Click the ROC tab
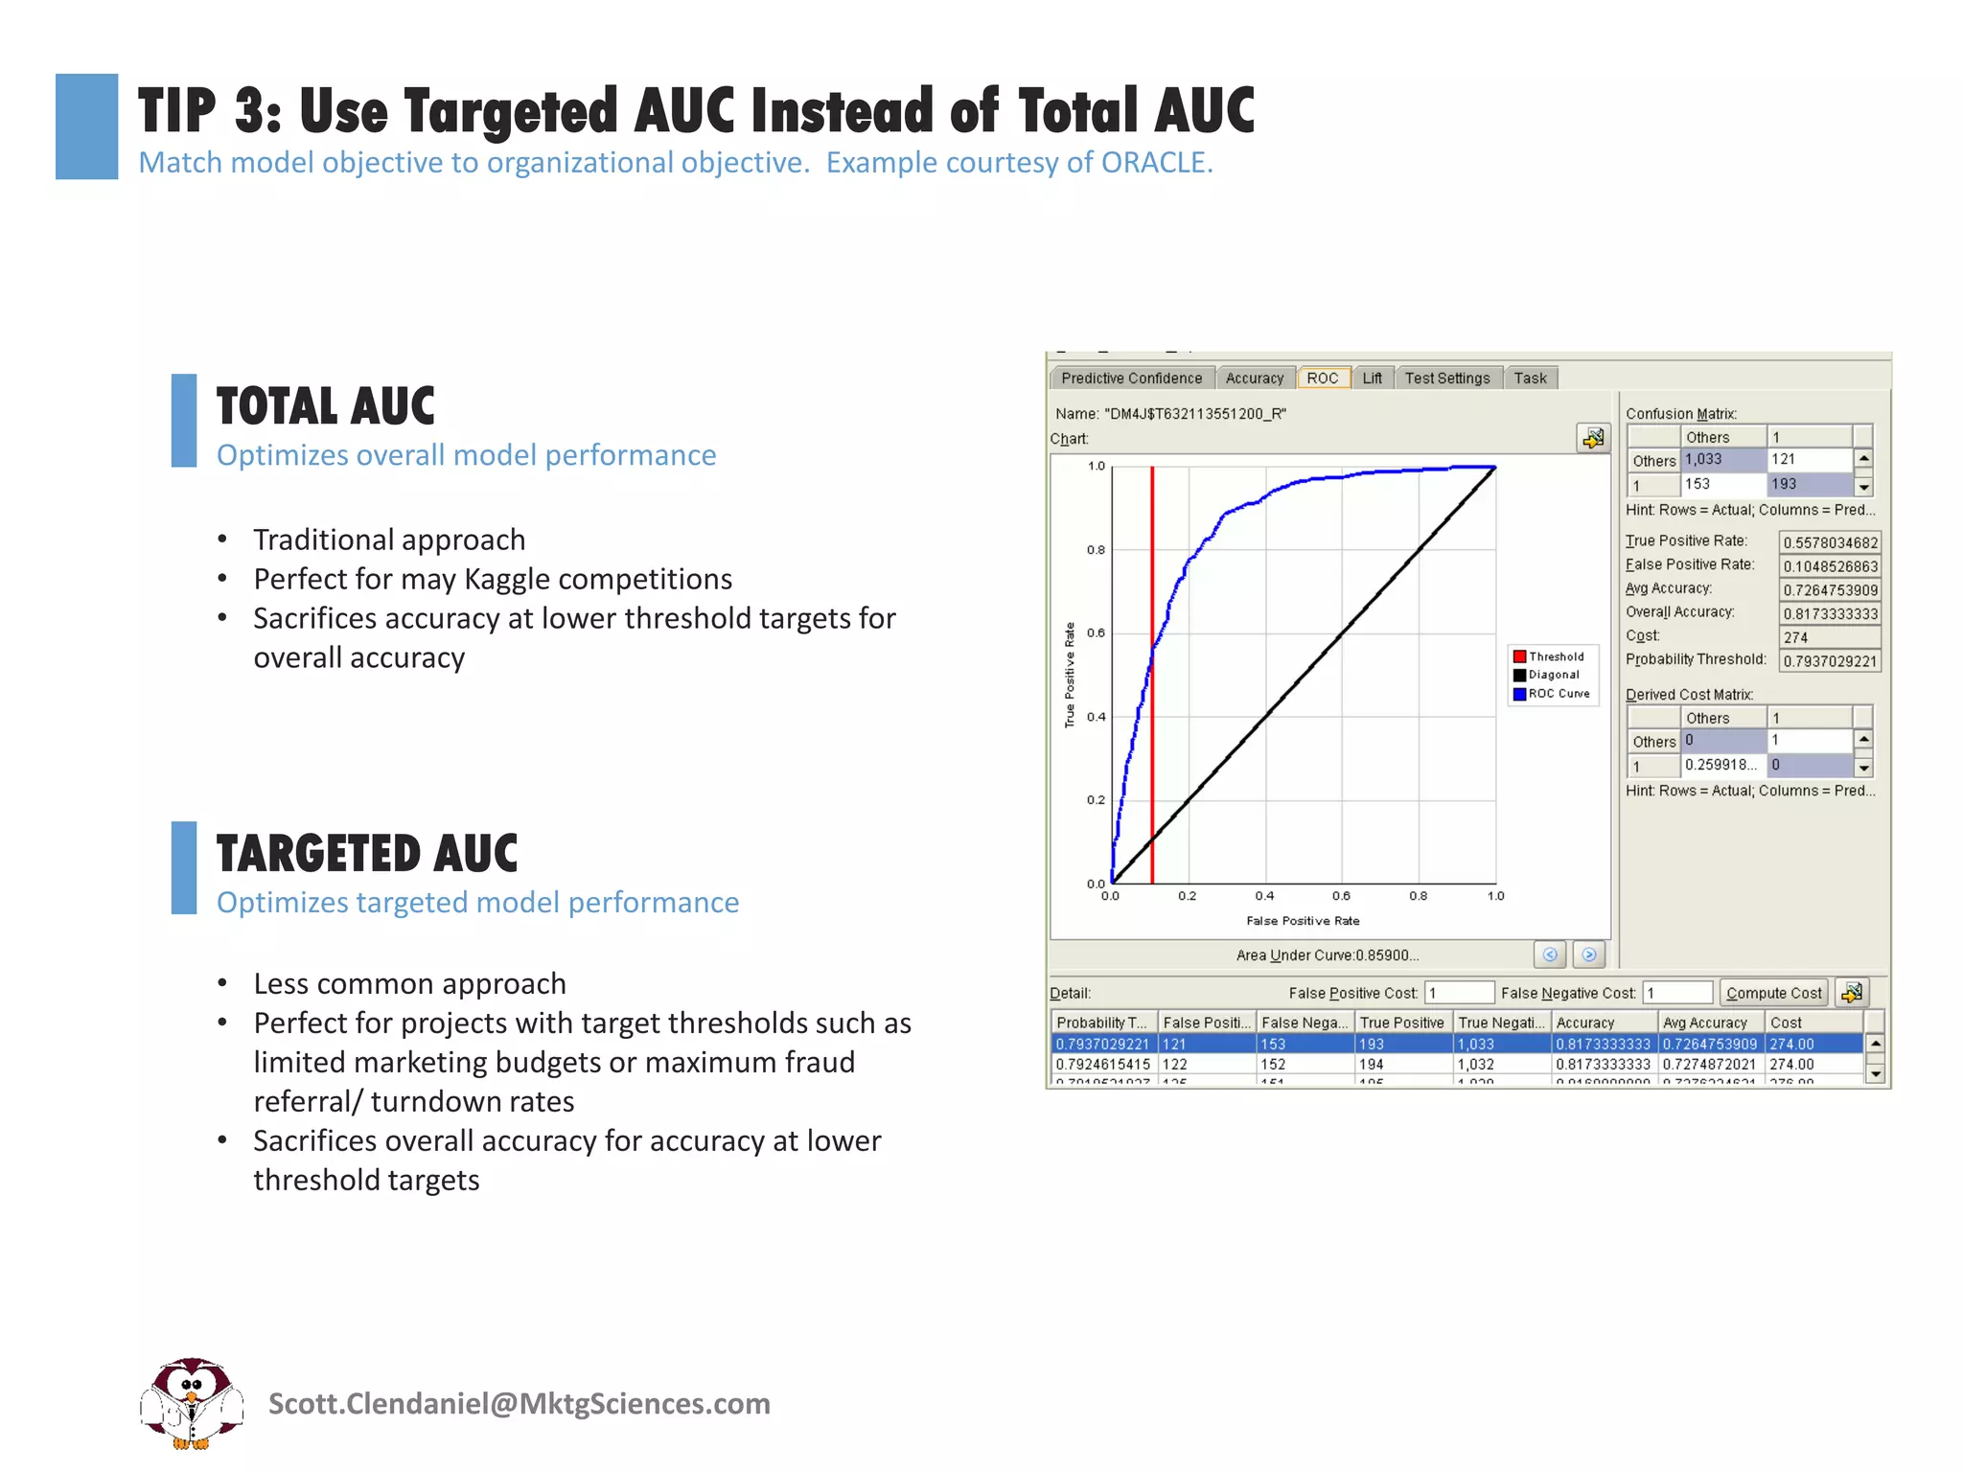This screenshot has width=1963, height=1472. (1322, 378)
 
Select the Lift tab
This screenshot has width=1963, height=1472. (1372, 378)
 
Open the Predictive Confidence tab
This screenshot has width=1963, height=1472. (1131, 378)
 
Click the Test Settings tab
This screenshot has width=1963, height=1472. (1446, 378)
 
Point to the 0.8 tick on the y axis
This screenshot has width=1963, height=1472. (1096, 550)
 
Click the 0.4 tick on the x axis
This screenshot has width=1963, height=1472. (1264, 896)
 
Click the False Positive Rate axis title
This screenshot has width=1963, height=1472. (1303, 921)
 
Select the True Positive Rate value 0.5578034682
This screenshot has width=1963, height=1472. (1830, 542)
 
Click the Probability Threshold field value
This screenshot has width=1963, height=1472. (1830, 661)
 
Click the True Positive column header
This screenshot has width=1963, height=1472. (1401, 1023)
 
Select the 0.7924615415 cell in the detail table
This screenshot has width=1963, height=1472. (1102, 1065)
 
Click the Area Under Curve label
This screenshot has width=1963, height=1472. (1327, 955)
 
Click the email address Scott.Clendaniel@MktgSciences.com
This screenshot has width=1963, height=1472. (519, 1404)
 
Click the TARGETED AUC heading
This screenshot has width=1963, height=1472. (366, 853)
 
